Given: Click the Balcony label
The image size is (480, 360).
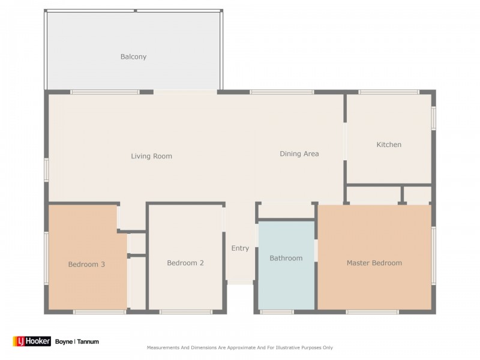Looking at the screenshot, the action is pos(133,56).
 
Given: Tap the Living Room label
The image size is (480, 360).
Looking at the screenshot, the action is pos(152,156).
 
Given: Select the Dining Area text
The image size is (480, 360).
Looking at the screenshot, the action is pos(299,154).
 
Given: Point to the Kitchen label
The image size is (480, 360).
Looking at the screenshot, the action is pos(389,145).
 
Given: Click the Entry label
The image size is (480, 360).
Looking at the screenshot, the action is pos(241,248).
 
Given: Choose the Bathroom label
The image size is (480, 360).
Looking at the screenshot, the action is pos(286,258).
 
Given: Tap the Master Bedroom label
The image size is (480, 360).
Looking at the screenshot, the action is pos(374,263).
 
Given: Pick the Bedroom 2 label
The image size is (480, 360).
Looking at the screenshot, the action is pos(185,263).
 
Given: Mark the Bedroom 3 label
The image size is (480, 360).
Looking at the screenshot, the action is pos(86,264).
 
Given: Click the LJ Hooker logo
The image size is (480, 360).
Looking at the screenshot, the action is pos(32,341).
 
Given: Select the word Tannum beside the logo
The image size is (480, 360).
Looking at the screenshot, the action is pos(88,341).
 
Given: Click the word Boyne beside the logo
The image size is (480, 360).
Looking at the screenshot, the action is pos(64,341).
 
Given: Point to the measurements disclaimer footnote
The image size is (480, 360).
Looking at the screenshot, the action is pos(239,347).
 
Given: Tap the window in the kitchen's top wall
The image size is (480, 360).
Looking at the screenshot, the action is pos(389,92).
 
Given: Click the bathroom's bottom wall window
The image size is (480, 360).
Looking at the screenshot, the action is pos(277,312).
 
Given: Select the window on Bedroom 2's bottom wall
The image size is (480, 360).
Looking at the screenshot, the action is pos(186,312).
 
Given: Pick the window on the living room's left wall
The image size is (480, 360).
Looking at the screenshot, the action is pos(46,170).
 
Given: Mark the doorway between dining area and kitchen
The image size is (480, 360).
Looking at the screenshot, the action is pos(345,141).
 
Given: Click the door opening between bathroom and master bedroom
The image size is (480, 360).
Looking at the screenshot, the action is pos(316,250).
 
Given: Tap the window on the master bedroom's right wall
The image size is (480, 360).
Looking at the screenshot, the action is pos(433,256).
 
